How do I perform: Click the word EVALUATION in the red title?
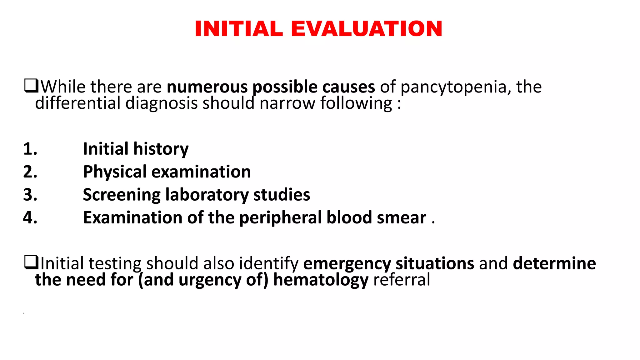click(366, 29)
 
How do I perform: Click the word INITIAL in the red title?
click(239, 29)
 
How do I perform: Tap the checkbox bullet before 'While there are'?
click(31, 86)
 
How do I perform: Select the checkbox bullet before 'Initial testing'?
click(31, 262)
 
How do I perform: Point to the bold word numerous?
click(207, 87)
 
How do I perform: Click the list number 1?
click(30, 149)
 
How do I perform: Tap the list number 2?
click(30, 172)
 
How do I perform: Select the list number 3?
click(30, 195)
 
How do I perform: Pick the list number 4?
click(30, 217)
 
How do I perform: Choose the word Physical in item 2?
click(115, 172)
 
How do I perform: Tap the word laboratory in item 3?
click(207, 195)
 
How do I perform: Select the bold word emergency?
click(347, 264)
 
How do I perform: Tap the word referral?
click(402, 280)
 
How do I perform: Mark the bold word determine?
click(554, 263)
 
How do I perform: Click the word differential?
click(77, 103)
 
